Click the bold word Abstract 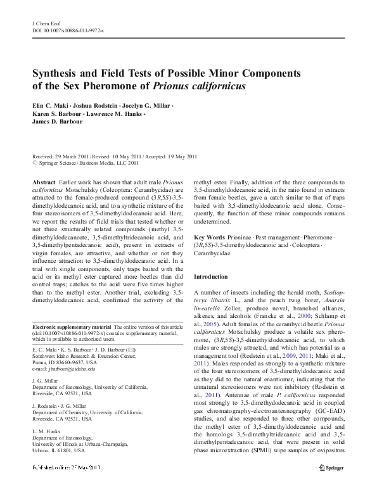tap(43, 182)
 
